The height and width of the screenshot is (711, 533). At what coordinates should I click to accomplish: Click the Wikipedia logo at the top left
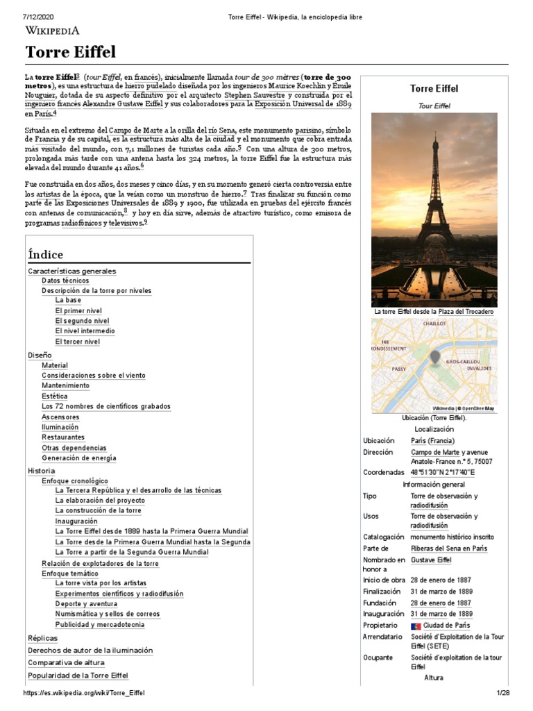tap(53, 30)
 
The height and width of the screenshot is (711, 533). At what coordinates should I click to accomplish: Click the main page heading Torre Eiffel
tap(71, 52)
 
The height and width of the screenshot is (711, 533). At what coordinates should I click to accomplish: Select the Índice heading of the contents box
tap(46, 254)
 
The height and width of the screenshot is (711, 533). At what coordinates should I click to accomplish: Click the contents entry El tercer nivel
tap(78, 342)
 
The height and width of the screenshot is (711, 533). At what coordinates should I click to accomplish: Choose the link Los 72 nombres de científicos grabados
tap(105, 406)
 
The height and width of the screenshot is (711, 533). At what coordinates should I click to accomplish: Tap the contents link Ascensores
tap(60, 417)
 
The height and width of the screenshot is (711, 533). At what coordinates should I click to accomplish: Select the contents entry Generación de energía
tap(79, 458)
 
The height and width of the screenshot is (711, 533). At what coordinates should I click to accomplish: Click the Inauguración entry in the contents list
tap(76, 521)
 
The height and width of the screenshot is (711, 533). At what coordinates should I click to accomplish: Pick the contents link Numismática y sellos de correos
tap(108, 614)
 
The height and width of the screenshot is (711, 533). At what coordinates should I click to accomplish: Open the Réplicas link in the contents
tap(43, 638)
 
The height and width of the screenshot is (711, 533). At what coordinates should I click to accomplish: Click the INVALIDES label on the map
tap(479, 369)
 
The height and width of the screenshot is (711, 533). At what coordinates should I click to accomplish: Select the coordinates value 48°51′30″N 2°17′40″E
tap(443, 472)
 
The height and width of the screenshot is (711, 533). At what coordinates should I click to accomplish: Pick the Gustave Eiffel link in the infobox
tap(431, 559)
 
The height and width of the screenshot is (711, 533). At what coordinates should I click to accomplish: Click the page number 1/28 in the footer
tap(502, 693)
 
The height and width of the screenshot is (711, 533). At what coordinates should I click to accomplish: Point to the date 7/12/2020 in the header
tap(39, 16)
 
